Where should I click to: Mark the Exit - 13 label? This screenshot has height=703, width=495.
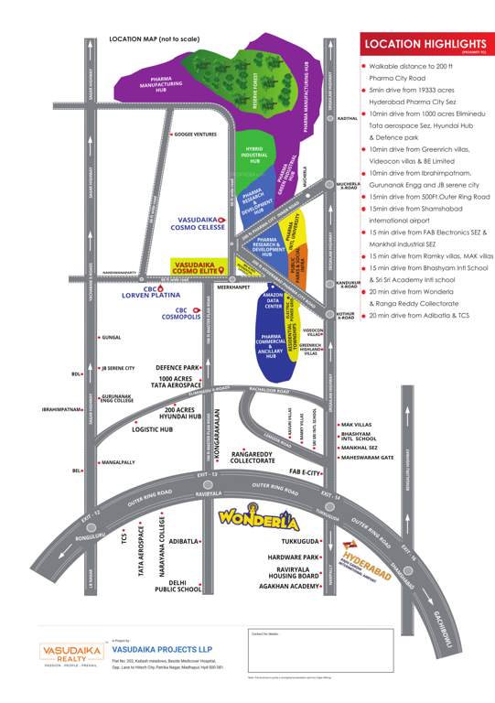click(210, 475)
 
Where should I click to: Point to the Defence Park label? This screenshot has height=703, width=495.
click(178, 367)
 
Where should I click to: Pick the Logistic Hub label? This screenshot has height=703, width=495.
click(153, 427)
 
